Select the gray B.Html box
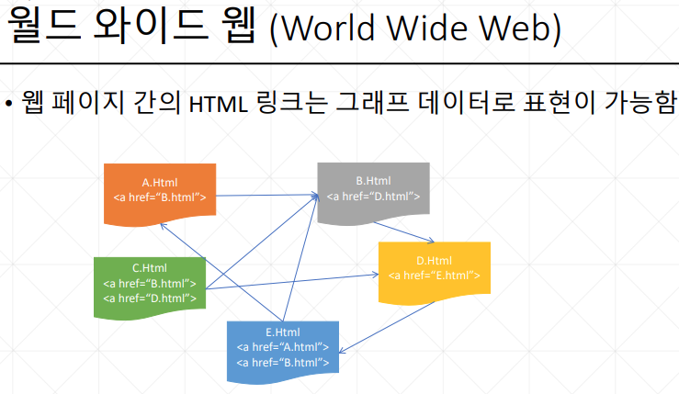(x=373, y=188)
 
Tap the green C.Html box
(x=150, y=283)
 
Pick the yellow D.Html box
(x=434, y=268)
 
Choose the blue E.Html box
(x=282, y=347)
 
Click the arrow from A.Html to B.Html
(x=266, y=196)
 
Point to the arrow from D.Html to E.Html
(x=386, y=327)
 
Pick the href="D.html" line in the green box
(x=150, y=298)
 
